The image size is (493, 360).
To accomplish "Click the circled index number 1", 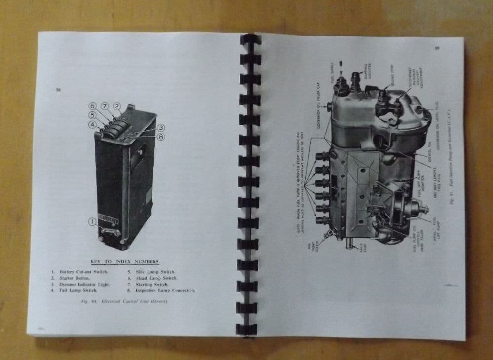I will pyautogui.click(x=92, y=222).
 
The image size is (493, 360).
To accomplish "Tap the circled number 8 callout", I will pyautogui.click(x=161, y=136).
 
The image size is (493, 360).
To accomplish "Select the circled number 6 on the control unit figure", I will pyautogui.click(x=92, y=106).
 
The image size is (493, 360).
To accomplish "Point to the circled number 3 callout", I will pyautogui.click(x=161, y=128).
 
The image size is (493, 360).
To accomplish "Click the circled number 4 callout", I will pyautogui.click(x=92, y=124).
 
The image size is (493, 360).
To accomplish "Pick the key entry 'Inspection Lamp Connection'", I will pyautogui.click(x=161, y=291).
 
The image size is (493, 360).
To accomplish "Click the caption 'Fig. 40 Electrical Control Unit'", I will pyautogui.click(x=123, y=302).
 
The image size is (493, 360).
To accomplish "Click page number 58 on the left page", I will pyautogui.click(x=58, y=90).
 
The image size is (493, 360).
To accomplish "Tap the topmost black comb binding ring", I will pyautogui.click(x=250, y=39).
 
